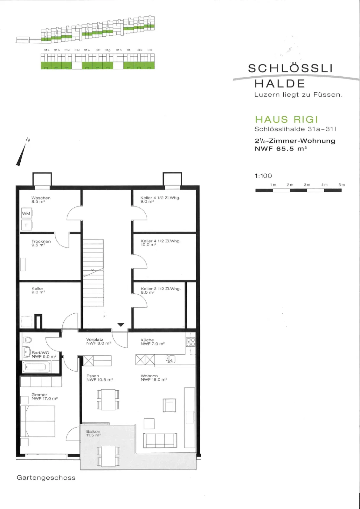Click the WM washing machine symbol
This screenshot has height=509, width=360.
(27, 213)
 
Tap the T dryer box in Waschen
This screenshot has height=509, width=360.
(27, 225)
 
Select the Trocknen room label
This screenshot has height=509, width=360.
(41, 241)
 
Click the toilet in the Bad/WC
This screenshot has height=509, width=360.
(27, 340)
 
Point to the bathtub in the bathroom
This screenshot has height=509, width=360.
(36, 367)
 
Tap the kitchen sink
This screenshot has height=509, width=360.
(170, 359)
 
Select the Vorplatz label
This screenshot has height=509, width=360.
(95, 339)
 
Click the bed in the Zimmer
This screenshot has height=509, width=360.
(38, 421)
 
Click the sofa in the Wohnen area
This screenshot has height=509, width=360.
(160, 441)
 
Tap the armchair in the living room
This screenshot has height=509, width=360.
(170, 405)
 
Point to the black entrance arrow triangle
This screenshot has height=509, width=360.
(121, 325)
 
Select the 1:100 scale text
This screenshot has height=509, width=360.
(263, 176)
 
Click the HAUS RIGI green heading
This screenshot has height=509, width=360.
(287, 120)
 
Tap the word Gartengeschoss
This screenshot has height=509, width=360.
(46, 478)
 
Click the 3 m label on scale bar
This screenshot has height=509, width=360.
(307, 185)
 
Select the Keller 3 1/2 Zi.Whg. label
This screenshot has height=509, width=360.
(161, 289)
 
